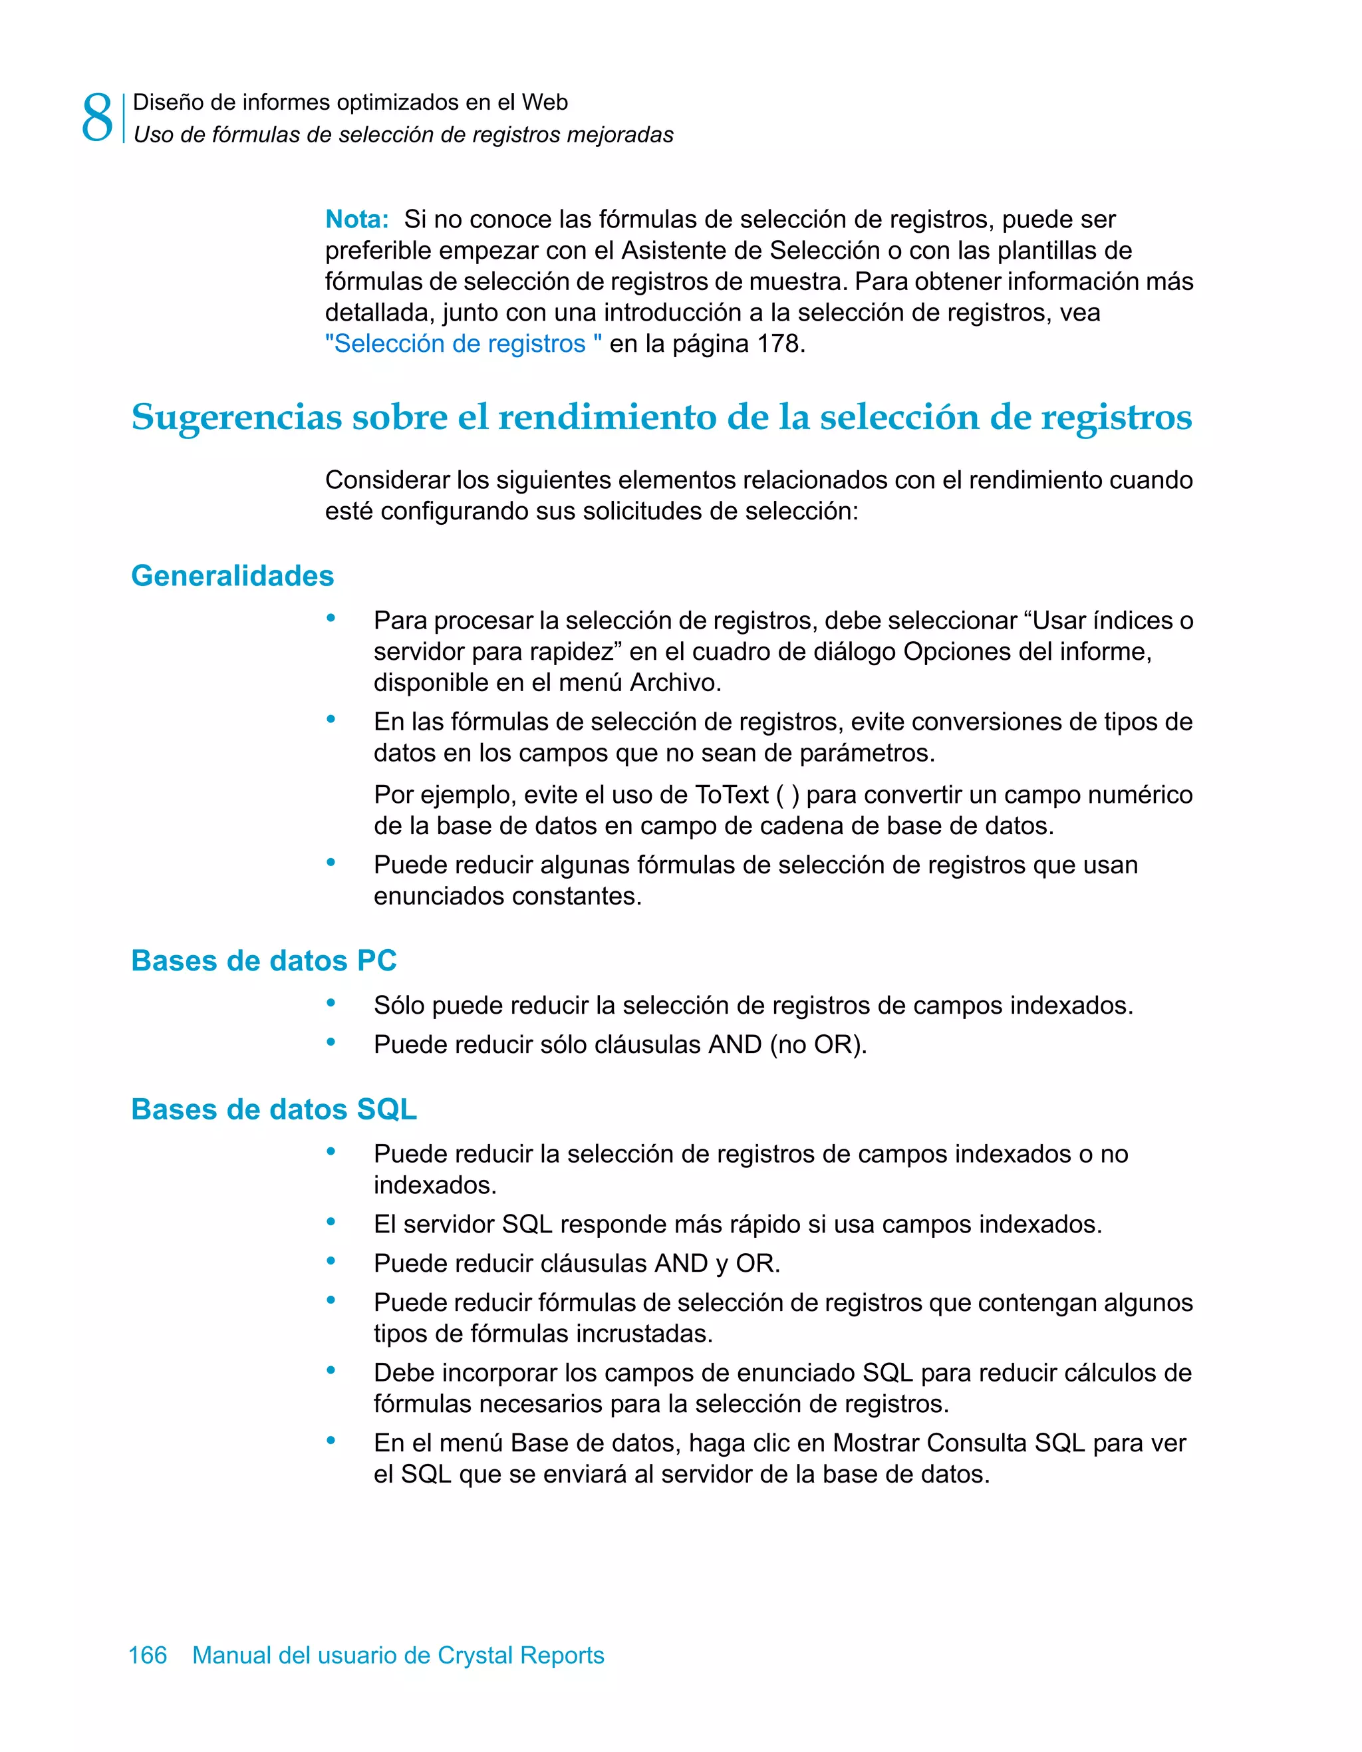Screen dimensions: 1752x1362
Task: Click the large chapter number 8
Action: tap(97, 118)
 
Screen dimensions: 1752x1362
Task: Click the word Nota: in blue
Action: tap(357, 219)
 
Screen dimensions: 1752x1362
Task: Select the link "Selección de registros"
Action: tap(463, 343)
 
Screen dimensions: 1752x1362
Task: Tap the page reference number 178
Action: tap(777, 343)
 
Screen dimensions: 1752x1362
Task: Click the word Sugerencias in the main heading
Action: tap(237, 417)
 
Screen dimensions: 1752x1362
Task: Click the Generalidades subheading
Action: tap(232, 575)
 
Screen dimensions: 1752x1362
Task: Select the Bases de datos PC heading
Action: tap(263, 960)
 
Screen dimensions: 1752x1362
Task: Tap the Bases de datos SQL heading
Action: tap(273, 1109)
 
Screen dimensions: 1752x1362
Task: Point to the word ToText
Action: tap(732, 794)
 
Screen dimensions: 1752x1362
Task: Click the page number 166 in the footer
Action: tap(148, 1655)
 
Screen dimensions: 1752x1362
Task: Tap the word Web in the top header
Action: tap(545, 102)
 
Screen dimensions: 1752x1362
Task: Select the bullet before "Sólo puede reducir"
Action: tap(331, 1003)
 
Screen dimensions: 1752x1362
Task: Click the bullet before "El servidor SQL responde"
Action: tap(331, 1222)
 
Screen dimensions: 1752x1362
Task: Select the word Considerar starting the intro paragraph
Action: tap(388, 480)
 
